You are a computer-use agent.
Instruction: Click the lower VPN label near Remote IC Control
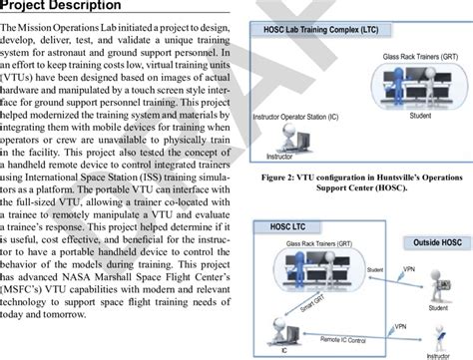coord(399,326)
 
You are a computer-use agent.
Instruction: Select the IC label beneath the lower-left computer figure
coord(283,351)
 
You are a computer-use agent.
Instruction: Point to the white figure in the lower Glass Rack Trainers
coord(309,266)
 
